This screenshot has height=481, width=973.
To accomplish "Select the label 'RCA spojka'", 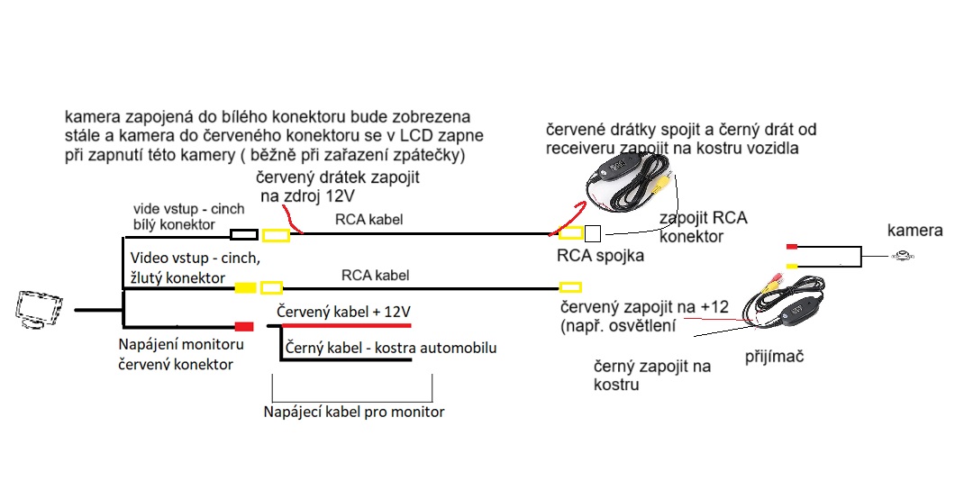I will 600,255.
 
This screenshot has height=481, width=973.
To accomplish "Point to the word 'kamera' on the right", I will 914,231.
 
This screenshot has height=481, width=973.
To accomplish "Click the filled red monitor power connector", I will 243,327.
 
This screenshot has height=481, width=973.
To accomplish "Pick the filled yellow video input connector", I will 243,288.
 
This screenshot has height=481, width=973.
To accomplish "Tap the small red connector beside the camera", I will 792,246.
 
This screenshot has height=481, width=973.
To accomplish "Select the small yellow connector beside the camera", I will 792,266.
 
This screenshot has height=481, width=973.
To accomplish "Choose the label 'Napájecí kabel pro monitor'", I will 354,412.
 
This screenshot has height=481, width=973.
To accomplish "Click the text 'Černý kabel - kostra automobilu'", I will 390,348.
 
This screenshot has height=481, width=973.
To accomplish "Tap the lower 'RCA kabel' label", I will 376,274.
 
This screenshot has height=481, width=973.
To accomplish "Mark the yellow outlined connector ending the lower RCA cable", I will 568,288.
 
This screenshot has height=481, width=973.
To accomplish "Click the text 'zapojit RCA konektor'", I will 704,228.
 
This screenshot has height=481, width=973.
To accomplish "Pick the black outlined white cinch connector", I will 243,235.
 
